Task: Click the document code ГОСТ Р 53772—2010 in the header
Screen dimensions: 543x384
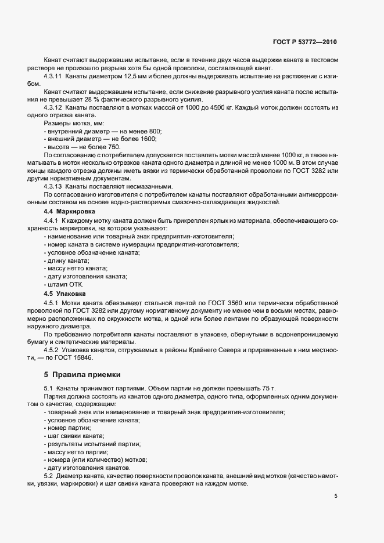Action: (304, 42)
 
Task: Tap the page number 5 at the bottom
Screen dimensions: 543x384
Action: (336, 496)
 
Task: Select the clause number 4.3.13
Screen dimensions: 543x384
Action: (53, 186)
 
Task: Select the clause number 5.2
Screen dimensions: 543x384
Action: (48, 476)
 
